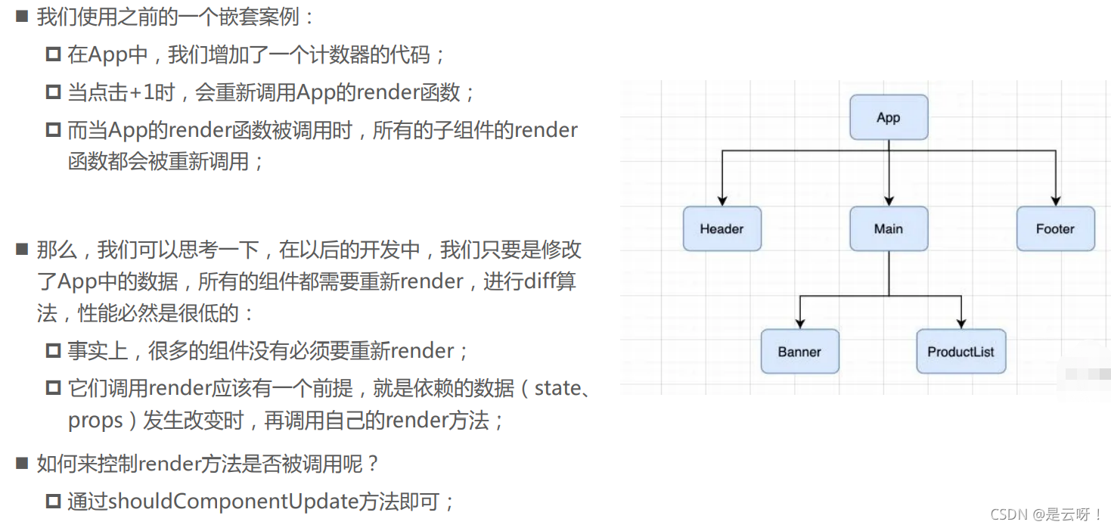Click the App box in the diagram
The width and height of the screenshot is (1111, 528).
[889, 117]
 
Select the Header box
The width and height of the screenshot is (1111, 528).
[722, 228]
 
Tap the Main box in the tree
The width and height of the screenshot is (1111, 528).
[889, 228]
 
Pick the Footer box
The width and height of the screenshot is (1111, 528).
[1055, 228]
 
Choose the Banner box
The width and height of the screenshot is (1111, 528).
[799, 351]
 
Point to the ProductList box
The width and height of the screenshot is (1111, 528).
[960, 351]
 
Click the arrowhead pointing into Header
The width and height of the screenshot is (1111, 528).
[722, 200]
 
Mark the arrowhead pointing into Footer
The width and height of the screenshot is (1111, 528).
[1055, 200]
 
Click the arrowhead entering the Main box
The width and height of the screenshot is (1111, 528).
[889, 200]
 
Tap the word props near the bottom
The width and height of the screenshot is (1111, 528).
[95, 421]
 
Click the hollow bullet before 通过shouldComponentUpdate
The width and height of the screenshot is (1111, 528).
[53, 501]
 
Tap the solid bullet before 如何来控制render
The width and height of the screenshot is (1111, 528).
[22, 463]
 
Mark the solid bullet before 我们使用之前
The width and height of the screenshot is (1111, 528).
[22, 17]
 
